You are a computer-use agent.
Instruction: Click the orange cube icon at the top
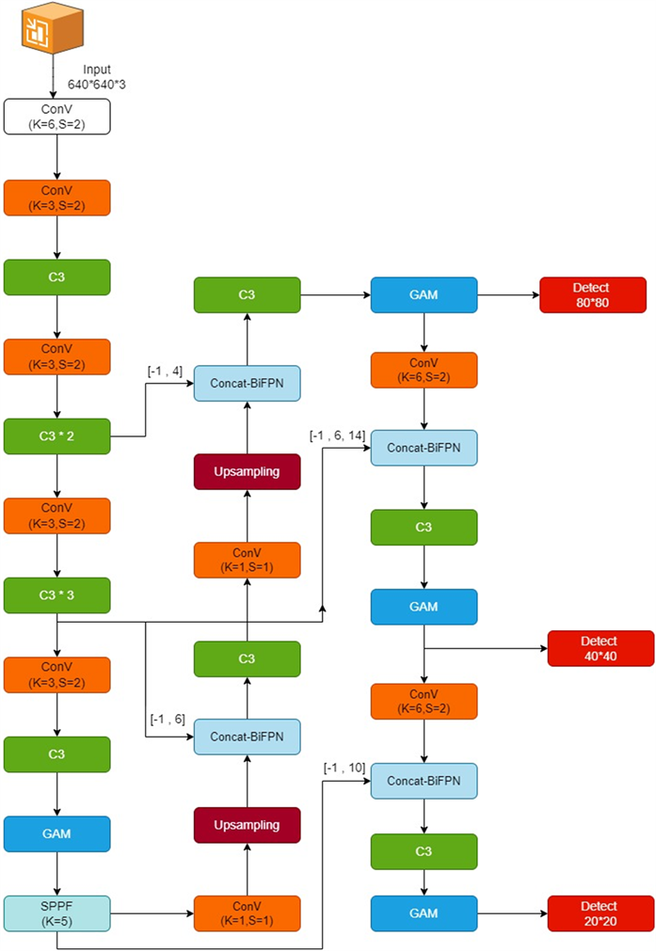point(52,28)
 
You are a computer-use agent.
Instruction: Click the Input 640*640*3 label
point(97,77)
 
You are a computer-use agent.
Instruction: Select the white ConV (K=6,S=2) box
point(57,117)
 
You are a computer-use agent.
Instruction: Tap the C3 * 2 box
point(57,436)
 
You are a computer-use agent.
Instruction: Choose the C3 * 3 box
point(57,595)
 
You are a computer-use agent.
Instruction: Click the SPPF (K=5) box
point(57,913)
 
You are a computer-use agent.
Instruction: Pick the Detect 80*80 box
point(593,295)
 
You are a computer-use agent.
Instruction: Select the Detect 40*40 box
point(600,648)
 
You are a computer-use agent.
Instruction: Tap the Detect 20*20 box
point(600,913)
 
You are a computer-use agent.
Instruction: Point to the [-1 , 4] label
point(165,372)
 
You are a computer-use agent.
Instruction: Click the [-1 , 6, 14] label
point(337,436)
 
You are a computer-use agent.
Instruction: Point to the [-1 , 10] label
point(344,768)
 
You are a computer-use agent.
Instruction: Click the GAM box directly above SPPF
point(57,834)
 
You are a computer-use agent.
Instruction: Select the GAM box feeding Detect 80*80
point(424,295)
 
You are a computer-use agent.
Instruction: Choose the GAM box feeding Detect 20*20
point(424,913)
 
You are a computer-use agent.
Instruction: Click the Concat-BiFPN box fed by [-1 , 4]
point(247,383)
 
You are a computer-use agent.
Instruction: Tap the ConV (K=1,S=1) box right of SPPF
point(247,913)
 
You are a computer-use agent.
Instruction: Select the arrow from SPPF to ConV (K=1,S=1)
point(152,913)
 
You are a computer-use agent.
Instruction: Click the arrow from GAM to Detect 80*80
point(508,295)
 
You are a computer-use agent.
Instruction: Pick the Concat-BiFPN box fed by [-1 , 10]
point(424,781)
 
